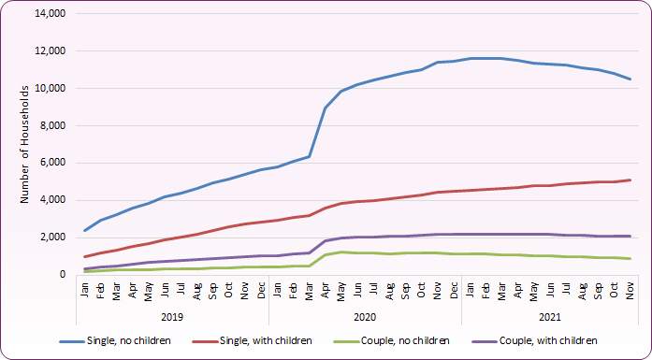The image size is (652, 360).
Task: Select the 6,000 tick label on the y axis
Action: (x=49, y=163)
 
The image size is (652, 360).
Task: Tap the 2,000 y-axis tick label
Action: (x=49, y=238)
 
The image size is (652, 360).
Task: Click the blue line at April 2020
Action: (x=325, y=108)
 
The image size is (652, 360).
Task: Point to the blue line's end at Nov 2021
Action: (x=630, y=79)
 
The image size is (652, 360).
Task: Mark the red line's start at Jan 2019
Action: (x=85, y=257)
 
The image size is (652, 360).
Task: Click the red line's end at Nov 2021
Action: (x=630, y=180)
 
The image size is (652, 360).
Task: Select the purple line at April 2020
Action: (x=325, y=240)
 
